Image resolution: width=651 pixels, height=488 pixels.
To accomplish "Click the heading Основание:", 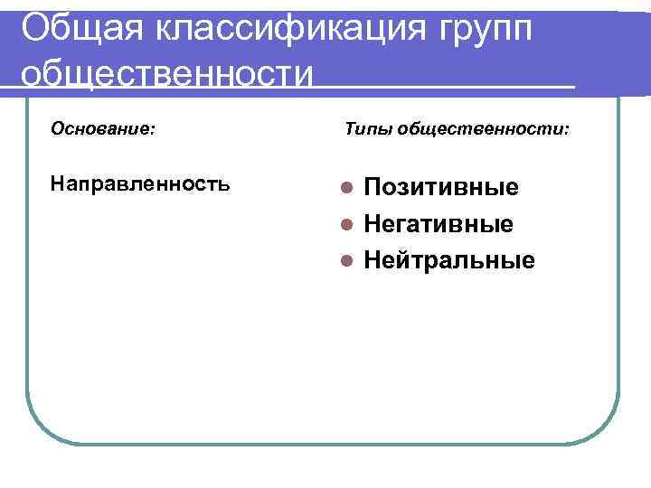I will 102,129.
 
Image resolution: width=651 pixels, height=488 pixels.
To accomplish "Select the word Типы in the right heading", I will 366,130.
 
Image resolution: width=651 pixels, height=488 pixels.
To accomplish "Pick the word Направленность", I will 140,184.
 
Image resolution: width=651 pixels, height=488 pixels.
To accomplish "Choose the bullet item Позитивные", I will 441,188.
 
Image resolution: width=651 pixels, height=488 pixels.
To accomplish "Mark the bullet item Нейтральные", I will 448,261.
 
